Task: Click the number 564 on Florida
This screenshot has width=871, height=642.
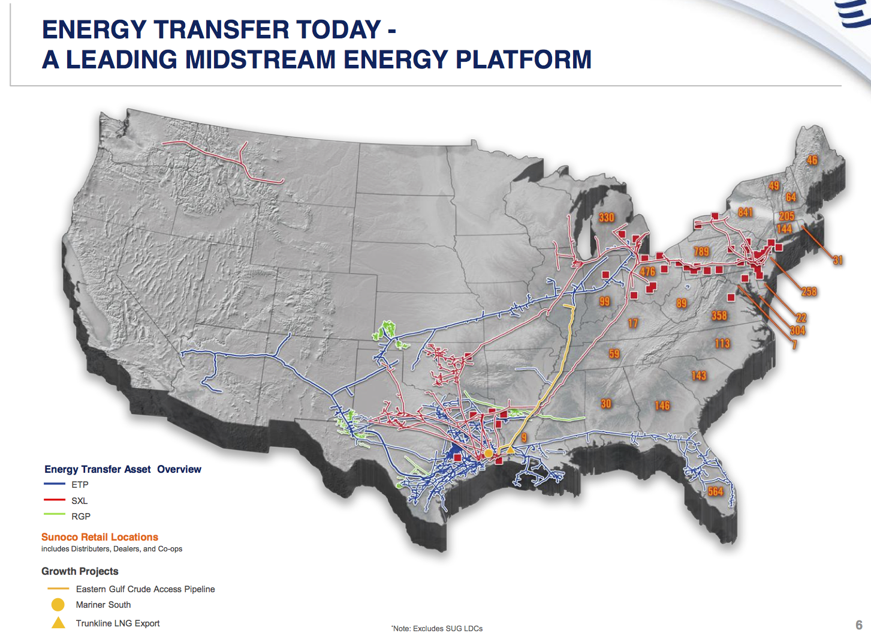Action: click(x=715, y=491)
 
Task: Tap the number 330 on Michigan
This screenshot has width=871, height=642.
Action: click(x=606, y=217)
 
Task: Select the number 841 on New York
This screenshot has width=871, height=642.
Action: click(x=745, y=212)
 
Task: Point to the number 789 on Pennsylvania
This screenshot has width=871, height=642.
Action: click(x=701, y=251)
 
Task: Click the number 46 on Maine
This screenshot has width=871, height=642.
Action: click(x=812, y=160)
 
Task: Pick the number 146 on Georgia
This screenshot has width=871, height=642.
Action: click(x=662, y=406)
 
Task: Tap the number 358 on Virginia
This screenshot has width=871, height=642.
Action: click(x=719, y=316)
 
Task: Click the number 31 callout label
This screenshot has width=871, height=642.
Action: click(x=837, y=260)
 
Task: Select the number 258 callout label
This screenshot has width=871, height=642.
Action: click(x=809, y=292)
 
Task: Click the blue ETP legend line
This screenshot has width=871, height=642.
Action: click(x=55, y=484)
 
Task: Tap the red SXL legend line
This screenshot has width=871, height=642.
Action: click(x=55, y=500)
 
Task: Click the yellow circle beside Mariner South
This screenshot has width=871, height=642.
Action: click(x=58, y=605)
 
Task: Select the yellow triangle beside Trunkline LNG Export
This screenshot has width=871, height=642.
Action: click(x=58, y=623)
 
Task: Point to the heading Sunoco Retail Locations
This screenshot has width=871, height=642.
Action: click(x=100, y=537)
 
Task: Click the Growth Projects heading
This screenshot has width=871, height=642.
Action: click(x=80, y=571)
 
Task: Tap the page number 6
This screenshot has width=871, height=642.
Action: click(x=858, y=625)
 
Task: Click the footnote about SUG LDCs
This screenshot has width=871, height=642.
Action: click(x=437, y=629)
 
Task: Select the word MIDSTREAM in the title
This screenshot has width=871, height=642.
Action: click(x=260, y=59)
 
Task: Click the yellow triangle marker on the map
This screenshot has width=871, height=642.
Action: click(x=510, y=449)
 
